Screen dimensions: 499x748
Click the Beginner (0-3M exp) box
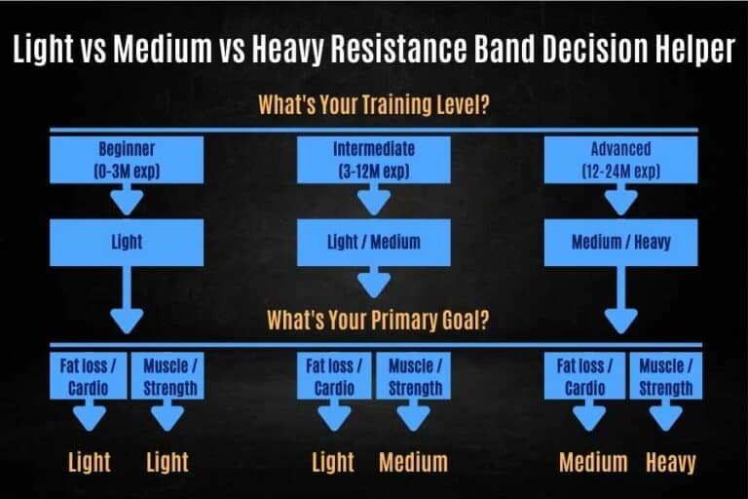click(x=127, y=160)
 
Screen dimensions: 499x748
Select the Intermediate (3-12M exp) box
click(x=373, y=160)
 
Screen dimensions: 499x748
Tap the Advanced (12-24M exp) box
click(x=620, y=160)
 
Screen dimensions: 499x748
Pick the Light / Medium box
click(x=373, y=243)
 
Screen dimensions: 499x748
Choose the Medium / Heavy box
click(x=620, y=243)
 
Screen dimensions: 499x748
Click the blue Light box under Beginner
click(x=127, y=243)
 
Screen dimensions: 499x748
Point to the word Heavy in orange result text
click(x=671, y=461)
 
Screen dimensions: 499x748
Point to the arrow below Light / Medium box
click(x=373, y=283)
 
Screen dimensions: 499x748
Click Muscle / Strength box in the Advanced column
click(x=666, y=376)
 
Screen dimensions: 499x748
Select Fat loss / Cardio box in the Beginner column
click(x=90, y=376)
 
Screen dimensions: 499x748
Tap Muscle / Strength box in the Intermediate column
click(x=415, y=376)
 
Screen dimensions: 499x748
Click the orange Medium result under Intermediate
click(x=413, y=461)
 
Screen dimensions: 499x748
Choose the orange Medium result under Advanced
click(x=593, y=461)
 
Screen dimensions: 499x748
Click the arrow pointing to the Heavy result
click(x=666, y=416)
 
